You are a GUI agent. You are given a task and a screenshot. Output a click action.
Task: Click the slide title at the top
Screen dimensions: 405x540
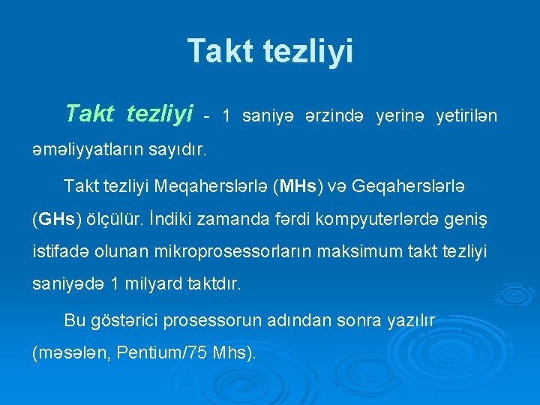pyautogui.click(x=270, y=51)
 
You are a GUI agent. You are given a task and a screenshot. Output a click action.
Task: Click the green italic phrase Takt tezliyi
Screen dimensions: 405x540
pyautogui.click(x=129, y=113)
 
